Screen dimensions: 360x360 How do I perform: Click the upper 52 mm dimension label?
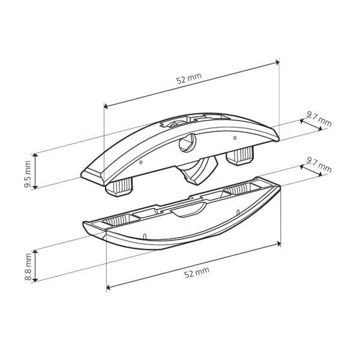pyautogui.click(x=189, y=78)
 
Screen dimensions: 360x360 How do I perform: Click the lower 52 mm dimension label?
pyautogui.click(x=197, y=272)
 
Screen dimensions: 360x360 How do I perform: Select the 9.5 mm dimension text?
pyautogui.click(x=28, y=174)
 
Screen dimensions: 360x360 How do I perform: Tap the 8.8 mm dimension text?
pyautogui.click(x=28, y=267)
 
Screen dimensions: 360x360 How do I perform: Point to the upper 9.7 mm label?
pyautogui.click(x=319, y=119)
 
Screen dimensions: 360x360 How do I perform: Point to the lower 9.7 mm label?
pyautogui.click(x=319, y=166)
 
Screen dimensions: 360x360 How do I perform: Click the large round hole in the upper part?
pyautogui.click(x=187, y=143)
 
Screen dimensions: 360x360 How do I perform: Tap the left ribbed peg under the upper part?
pyautogui.click(x=119, y=188)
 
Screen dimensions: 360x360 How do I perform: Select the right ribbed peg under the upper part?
pyautogui.click(x=240, y=155)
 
